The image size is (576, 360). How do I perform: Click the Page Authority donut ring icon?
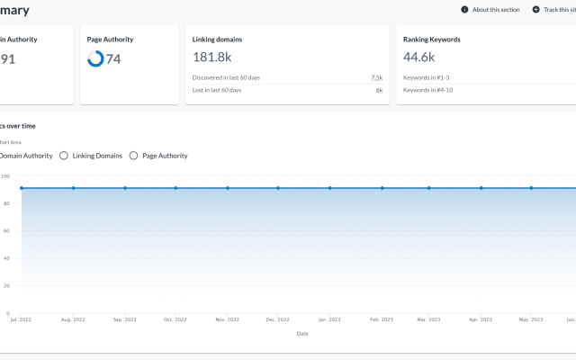pos(94,58)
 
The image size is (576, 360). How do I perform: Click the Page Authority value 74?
pos(113,59)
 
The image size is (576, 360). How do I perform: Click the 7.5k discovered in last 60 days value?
pos(376,78)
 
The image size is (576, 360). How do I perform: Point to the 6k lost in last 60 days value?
pos(379,90)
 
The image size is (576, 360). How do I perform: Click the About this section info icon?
pos(464,10)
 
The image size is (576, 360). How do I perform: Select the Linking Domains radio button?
pos(64,156)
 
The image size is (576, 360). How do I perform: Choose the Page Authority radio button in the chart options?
pos(134,156)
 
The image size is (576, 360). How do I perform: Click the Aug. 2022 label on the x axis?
pos(73,319)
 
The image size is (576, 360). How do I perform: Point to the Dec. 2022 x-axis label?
pos(278,319)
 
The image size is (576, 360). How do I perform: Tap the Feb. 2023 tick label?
pos(382,319)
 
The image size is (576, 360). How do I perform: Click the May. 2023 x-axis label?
pos(531,319)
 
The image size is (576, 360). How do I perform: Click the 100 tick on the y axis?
pos(5,175)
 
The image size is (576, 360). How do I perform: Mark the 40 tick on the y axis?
pos(5,258)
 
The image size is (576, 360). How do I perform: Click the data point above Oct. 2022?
pos(175,188)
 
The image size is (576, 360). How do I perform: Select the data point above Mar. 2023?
pos(429,188)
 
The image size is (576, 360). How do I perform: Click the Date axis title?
pos(302,333)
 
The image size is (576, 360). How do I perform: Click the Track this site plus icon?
pos(536,10)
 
